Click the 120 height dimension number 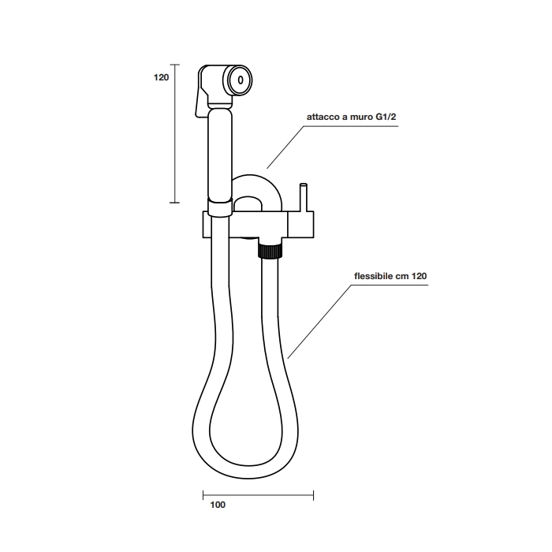pos(161,77)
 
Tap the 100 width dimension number pos(218,505)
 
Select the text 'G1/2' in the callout pos(386,117)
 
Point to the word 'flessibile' pos(373,276)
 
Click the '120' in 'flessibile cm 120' pos(420,276)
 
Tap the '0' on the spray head pos(241,80)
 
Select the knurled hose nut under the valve pos(270,251)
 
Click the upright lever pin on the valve pos(303,197)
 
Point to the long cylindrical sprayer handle pos(220,155)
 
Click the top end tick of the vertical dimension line pos(174,65)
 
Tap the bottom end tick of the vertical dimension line pos(174,203)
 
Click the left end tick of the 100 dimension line pos(203,495)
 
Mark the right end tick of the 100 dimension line pos(313,495)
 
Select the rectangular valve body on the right pos(301,225)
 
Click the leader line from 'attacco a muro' pos(285,147)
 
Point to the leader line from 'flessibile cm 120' pos(319,322)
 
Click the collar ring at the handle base pos(220,207)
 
